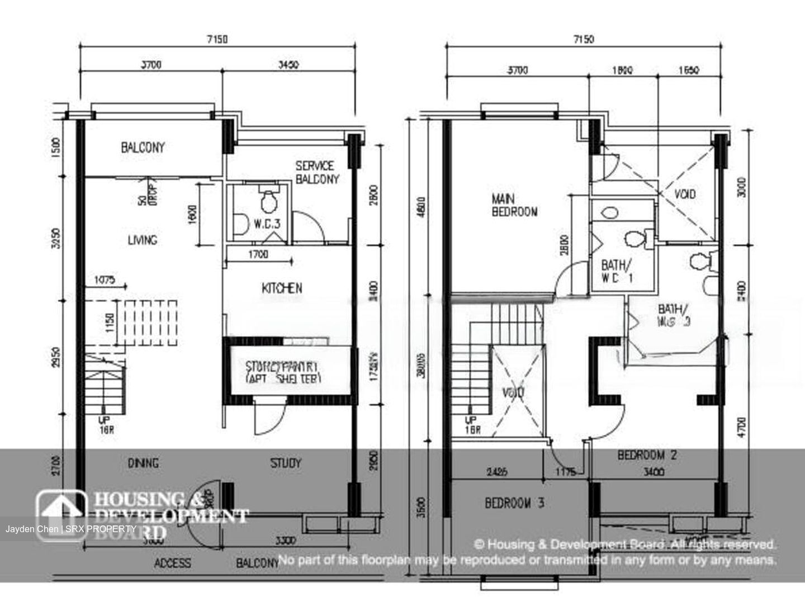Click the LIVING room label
[x=142, y=240]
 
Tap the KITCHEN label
[x=282, y=288]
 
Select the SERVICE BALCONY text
[x=316, y=172]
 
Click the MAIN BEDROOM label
[x=514, y=205]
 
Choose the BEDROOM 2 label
[x=647, y=455]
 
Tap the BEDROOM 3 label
[x=514, y=503]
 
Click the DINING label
[x=143, y=463]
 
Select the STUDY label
[x=286, y=463]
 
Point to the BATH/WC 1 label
[x=617, y=271]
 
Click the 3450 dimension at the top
[x=288, y=64]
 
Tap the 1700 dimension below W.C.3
[x=257, y=254]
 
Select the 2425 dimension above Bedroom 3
[x=497, y=472]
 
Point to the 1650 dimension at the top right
[x=688, y=70]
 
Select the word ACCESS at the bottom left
[x=172, y=563]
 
